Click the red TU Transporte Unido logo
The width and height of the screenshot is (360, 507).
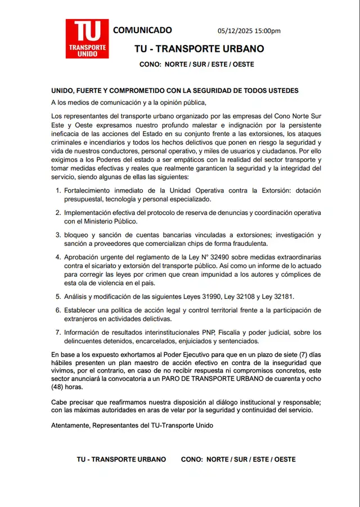pos(87,39)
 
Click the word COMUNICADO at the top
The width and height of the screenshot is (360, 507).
pos(142,30)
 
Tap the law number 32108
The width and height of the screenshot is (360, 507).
pos(251,297)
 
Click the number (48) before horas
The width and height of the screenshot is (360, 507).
pos(60,387)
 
